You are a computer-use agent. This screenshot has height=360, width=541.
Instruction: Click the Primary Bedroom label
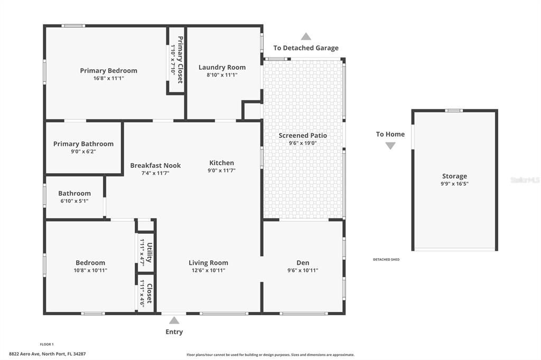(109, 70)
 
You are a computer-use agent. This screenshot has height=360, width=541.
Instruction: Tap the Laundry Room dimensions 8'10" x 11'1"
(222, 75)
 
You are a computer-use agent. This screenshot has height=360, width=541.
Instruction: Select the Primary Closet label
(180, 60)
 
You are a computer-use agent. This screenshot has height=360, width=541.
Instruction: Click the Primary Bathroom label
(83, 144)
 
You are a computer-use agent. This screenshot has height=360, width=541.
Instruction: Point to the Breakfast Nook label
(155, 165)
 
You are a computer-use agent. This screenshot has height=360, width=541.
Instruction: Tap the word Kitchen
(221, 163)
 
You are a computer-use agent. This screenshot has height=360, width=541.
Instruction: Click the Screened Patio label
(303, 136)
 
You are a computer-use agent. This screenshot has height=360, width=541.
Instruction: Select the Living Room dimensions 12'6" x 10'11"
(208, 270)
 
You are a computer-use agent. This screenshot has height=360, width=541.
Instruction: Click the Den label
(303, 263)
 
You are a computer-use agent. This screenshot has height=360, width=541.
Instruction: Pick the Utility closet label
(150, 252)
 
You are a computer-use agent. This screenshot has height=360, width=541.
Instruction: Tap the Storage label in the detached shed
(454, 176)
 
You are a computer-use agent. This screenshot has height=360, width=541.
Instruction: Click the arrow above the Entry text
(174, 321)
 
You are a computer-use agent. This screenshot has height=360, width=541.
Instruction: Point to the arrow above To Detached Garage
(306, 36)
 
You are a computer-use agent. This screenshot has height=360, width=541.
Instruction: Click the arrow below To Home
(390, 146)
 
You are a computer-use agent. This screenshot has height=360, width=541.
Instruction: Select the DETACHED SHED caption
(386, 259)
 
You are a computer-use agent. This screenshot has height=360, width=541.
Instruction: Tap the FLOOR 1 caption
(46, 344)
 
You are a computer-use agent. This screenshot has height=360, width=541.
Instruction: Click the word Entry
(174, 331)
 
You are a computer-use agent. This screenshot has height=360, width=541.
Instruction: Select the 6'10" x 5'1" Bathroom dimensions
(74, 201)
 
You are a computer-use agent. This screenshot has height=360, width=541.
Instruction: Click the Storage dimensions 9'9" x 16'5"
(454, 184)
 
